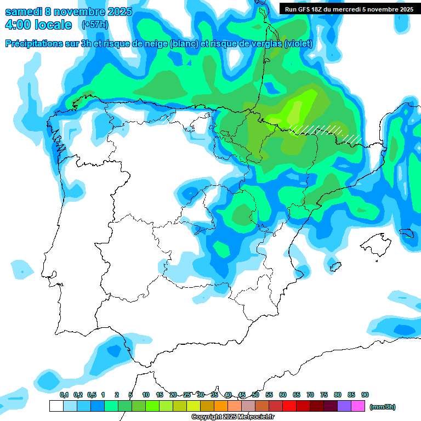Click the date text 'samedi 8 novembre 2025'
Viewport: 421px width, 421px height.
coord(69,12)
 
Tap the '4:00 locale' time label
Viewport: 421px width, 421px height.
coord(38,25)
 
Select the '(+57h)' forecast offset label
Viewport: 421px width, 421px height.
coord(95,25)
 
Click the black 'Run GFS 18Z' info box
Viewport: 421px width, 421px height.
coord(349,9)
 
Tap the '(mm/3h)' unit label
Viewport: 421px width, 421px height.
coord(382,407)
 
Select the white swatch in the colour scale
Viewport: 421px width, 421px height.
coord(56,406)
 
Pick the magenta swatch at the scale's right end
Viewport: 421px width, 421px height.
coord(358,406)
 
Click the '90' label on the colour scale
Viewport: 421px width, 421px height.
coord(365,395)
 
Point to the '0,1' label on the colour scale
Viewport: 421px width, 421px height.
coord(64,395)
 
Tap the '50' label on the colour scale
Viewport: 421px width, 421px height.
coord(255,395)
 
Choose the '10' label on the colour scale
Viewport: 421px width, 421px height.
coord(146,395)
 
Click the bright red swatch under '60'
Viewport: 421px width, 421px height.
coord(289,406)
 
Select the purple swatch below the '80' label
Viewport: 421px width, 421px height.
coord(344,406)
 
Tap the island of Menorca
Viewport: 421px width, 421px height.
coord(406,232)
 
